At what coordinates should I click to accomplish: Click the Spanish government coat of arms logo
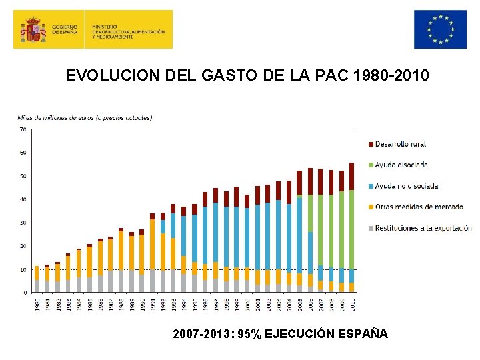pos(33,29)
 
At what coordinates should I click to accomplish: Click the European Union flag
pos(439,29)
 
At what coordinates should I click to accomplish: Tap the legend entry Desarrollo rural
pos(400,144)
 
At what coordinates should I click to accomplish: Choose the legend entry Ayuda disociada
pos(401,165)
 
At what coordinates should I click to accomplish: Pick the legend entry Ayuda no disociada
pos(406,186)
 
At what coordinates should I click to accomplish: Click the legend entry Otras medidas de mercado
pos(419,207)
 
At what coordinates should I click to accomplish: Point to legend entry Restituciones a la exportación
pos(423,228)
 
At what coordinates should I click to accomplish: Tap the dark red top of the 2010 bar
pos(351,176)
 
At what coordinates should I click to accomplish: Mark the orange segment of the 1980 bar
pos(37,273)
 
